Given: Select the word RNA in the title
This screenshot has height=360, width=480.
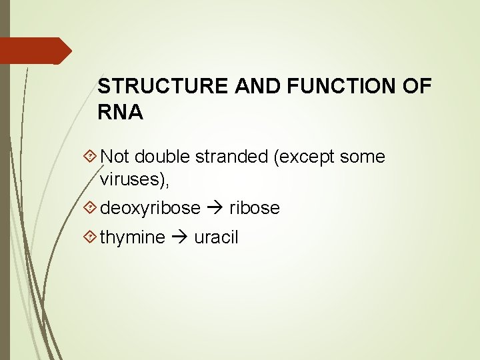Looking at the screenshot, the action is [120, 113].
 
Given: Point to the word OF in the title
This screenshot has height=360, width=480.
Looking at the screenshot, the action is [417, 87].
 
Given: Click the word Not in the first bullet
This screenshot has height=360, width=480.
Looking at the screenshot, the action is [115, 157].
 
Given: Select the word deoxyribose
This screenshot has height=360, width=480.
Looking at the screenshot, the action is [150, 209].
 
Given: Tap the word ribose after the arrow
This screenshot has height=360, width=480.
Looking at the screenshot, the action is [255, 208].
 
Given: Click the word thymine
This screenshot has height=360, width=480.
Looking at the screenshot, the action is [133, 238].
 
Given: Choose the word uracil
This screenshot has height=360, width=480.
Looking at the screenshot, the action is [216, 237].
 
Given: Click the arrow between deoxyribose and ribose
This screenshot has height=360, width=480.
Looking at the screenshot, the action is [215, 209].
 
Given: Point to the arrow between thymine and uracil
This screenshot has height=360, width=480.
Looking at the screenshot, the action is [179, 238].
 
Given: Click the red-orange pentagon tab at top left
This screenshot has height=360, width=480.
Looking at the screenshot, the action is [33, 51].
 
